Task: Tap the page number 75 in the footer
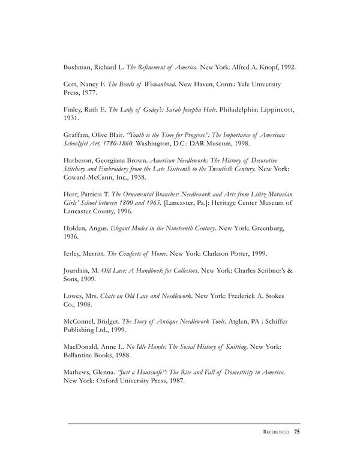click(x=297, y=432)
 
